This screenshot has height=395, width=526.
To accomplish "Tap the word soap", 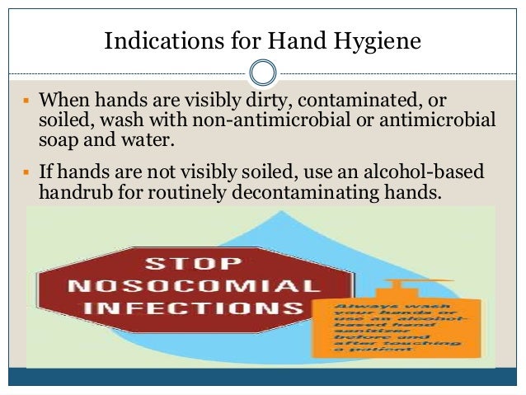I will pos(59,139).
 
